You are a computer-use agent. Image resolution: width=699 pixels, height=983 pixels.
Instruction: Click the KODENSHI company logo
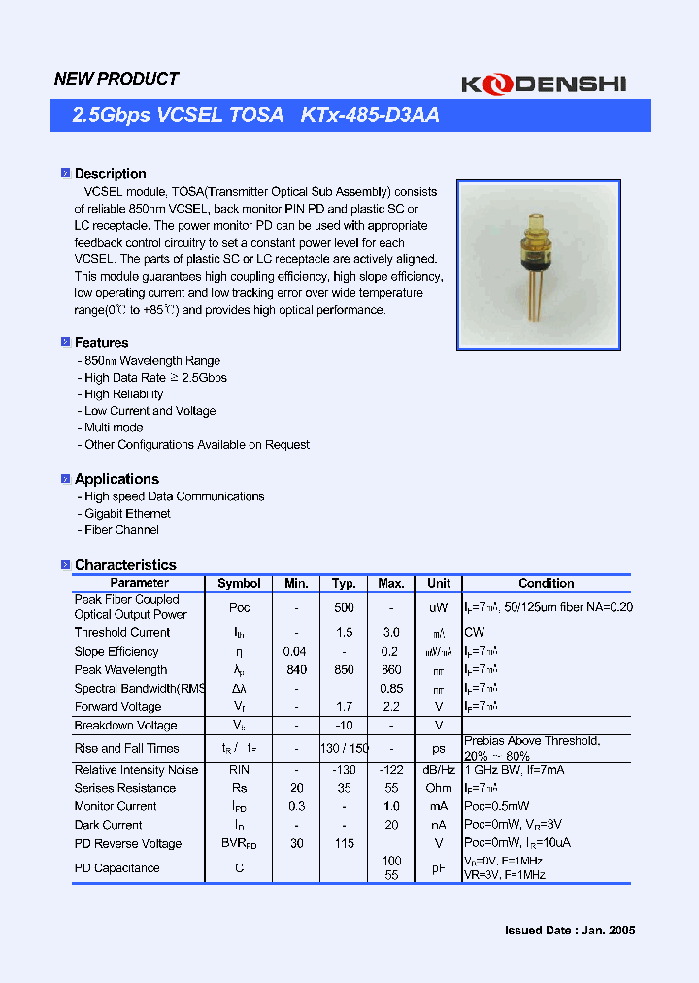tap(556, 85)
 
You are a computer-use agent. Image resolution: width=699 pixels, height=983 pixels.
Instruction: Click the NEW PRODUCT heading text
tap(116, 79)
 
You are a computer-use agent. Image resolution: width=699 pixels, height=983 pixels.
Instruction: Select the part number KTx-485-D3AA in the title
tap(370, 116)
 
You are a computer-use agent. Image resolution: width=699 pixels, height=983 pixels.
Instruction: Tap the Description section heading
tap(110, 173)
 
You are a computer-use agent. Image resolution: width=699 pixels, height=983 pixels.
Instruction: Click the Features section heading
tap(101, 342)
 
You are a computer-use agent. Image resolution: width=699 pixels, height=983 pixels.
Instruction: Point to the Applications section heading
tap(116, 479)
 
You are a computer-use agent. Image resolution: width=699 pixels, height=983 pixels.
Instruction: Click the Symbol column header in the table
tap(239, 583)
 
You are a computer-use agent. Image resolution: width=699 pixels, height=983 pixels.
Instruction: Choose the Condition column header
tap(547, 583)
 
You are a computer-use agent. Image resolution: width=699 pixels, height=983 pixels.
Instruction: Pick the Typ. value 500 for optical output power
tap(344, 607)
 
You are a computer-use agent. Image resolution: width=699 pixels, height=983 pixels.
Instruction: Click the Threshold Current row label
tap(122, 632)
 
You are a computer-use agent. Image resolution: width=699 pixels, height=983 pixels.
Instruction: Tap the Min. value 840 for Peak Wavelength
tap(297, 669)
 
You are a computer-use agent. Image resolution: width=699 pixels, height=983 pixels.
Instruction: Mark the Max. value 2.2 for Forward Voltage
tap(391, 706)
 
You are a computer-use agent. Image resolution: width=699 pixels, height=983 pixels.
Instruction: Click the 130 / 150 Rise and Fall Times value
tap(344, 748)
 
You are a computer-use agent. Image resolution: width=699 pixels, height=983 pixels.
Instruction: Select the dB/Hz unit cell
tap(439, 769)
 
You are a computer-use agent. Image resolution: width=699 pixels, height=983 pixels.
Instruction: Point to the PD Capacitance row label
tap(117, 867)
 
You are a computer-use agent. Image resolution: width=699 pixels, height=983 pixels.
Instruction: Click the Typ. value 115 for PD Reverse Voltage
tap(344, 843)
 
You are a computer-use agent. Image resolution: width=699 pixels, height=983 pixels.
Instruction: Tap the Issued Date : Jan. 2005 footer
tap(570, 930)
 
